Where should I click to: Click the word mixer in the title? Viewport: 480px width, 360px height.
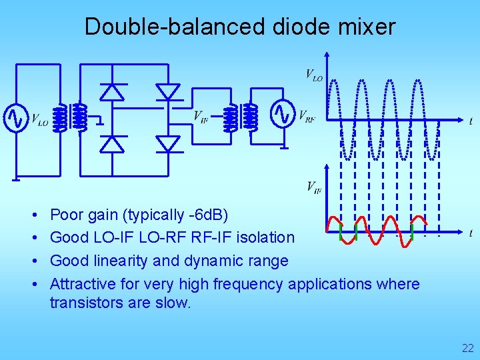click(x=365, y=27)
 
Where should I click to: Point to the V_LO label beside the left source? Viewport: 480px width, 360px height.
click(x=39, y=121)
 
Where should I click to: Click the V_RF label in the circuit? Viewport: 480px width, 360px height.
click(x=307, y=117)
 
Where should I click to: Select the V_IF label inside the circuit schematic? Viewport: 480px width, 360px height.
click(x=201, y=117)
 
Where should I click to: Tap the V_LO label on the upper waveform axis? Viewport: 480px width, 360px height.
click(x=314, y=74)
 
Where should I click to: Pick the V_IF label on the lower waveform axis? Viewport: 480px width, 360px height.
click(x=314, y=187)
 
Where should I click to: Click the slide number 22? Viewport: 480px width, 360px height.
click(x=467, y=347)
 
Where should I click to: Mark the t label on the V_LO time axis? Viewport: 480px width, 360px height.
click(x=471, y=121)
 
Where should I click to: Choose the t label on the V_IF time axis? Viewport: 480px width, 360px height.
click(x=471, y=233)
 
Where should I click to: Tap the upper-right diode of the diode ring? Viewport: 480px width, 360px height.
click(x=168, y=91)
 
